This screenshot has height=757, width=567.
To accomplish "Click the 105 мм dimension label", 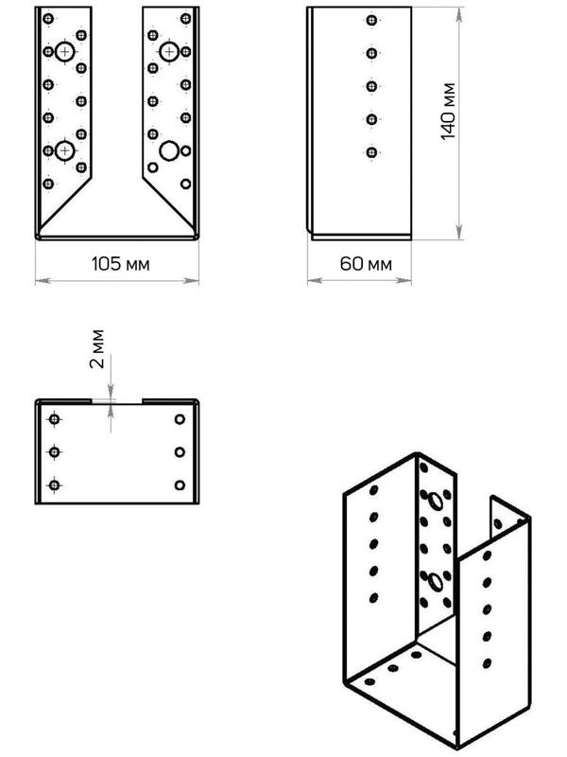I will click(120, 263).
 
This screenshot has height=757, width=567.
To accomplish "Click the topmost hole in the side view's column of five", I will click(369, 20).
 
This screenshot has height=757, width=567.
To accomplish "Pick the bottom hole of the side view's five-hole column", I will click(369, 151).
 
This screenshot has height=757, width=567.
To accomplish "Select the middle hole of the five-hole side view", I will click(369, 86).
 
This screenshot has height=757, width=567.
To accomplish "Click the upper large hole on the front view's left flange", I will click(64, 52).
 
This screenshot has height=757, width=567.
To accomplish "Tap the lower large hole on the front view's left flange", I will click(64, 150).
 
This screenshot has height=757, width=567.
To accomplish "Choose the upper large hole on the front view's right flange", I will click(169, 51).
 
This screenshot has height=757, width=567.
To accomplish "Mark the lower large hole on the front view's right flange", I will click(168, 150).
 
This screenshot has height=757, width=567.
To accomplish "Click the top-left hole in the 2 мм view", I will click(54, 419).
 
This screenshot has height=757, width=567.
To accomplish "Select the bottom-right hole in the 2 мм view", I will click(180, 485).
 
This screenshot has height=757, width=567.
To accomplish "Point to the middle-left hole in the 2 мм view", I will click(54, 452).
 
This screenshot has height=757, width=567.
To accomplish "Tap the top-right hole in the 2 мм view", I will click(180, 419).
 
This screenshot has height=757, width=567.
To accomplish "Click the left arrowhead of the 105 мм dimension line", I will click(39, 280).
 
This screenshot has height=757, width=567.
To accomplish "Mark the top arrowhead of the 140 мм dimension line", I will click(459, 11).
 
